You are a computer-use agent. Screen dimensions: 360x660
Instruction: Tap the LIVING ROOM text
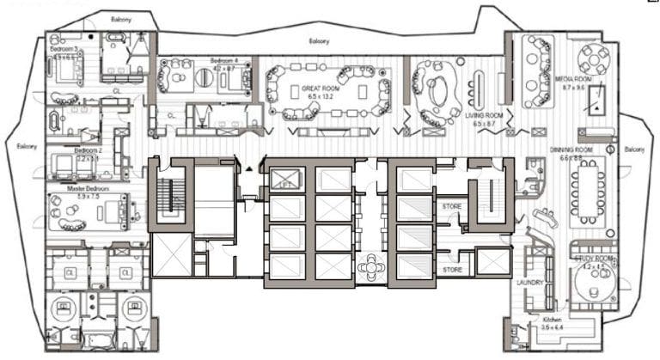[x=484, y=115]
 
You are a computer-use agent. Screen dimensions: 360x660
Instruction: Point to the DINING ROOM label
[x=571, y=149]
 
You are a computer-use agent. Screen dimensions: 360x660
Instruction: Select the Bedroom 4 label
[x=229, y=61]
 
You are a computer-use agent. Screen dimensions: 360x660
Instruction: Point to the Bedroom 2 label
[x=89, y=149]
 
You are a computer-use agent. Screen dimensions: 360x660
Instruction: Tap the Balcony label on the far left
[x=27, y=146]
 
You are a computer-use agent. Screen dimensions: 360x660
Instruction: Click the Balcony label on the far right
[x=633, y=149]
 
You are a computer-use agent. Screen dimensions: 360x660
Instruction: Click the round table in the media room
[x=594, y=58]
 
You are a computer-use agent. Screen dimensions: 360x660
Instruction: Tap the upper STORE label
[x=452, y=206]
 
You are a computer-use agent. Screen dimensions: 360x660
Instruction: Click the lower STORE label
[x=452, y=270]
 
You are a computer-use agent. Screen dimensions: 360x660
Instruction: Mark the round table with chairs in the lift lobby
[x=372, y=267]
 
